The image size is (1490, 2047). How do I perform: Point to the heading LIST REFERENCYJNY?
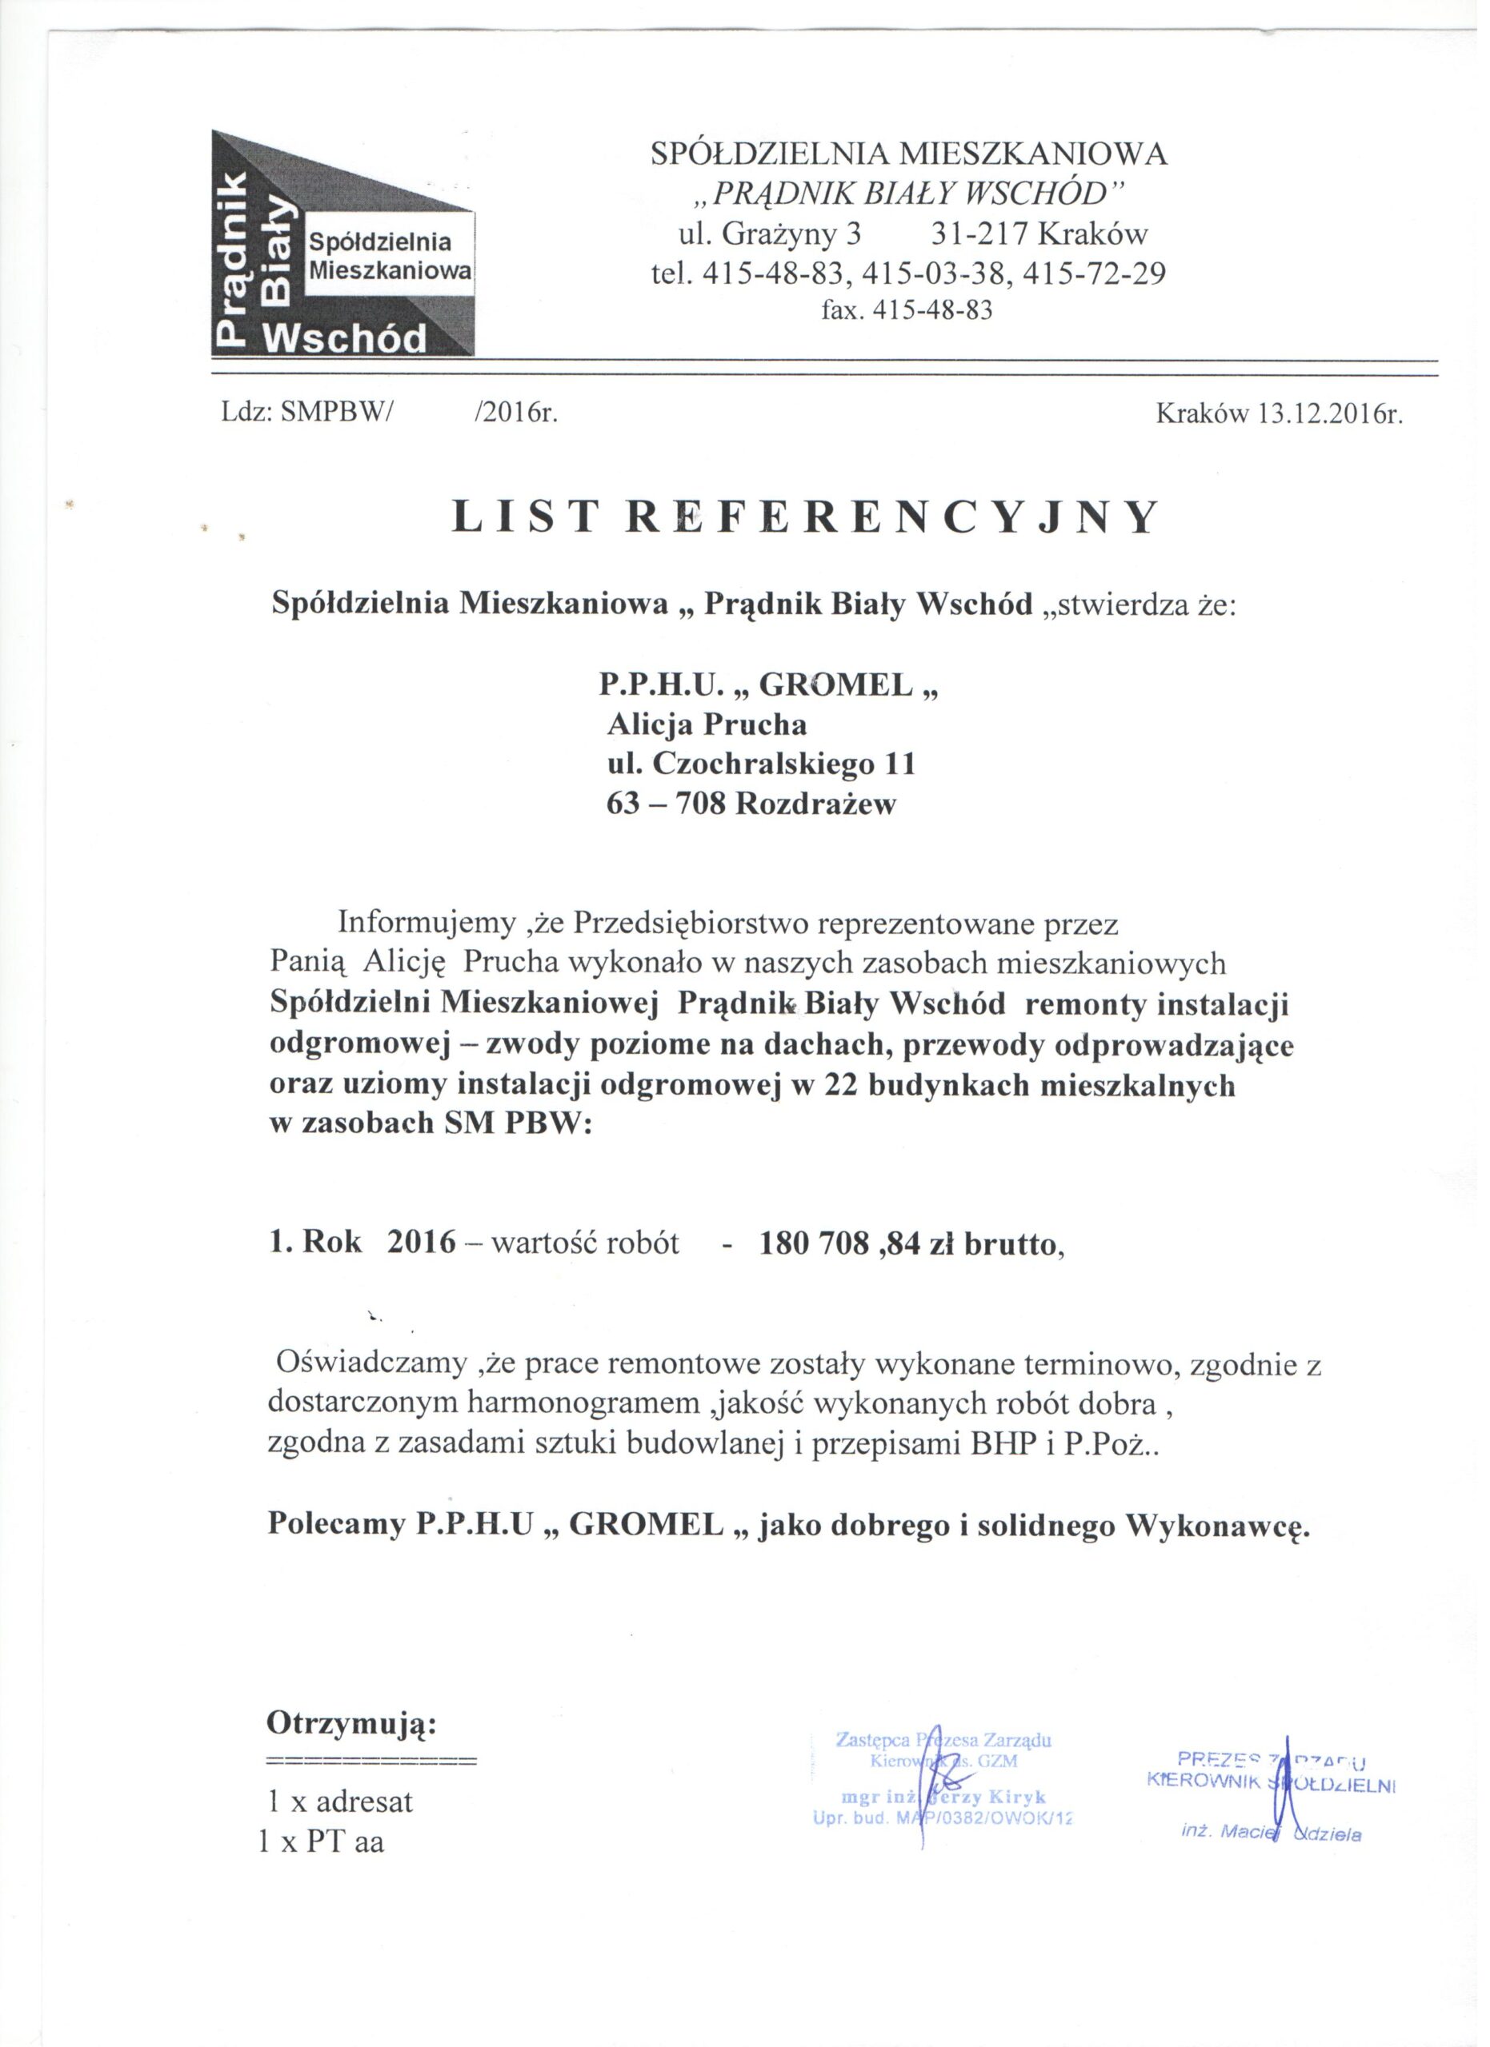click(803, 518)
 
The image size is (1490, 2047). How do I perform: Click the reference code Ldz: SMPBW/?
click(308, 414)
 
